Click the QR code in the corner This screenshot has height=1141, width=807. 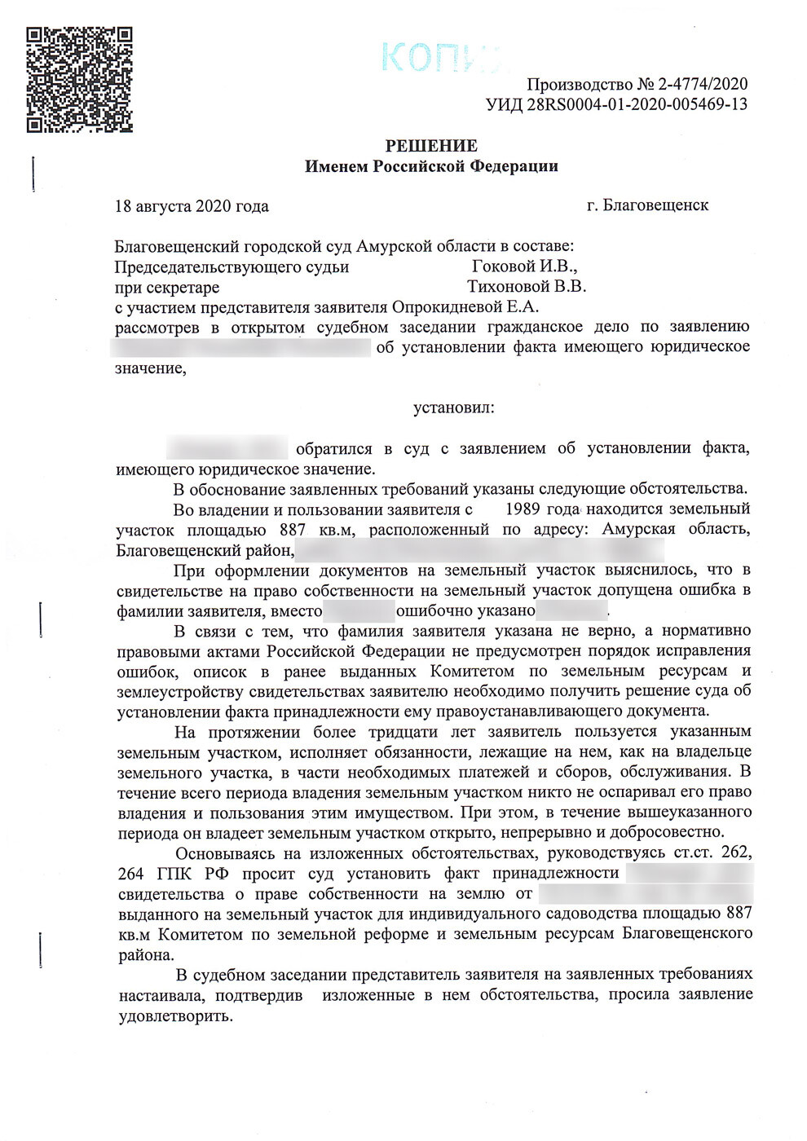coord(79,79)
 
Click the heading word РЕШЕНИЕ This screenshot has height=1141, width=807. coord(431,146)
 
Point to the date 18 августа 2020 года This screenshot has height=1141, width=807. coord(192,206)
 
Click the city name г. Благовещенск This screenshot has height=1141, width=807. coord(647,205)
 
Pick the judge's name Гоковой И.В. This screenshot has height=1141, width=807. coord(525,267)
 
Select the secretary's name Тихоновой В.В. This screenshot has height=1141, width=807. coord(526,287)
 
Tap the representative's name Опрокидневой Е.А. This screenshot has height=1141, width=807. coord(465,307)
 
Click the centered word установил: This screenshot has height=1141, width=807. coord(453,407)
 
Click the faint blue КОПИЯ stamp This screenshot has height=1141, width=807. coord(440,57)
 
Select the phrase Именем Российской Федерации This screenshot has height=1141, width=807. coord(431,166)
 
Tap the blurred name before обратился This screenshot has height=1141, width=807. coord(227,448)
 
